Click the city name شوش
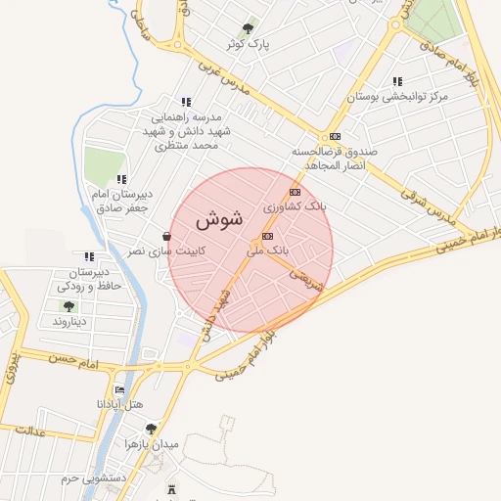tap(225, 219)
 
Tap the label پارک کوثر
tap(246, 45)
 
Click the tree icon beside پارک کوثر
tap(247, 29)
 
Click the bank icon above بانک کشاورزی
tap(295, 193)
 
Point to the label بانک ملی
tap(268, 251)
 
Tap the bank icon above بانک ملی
tap(267, 237)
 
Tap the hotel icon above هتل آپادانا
tap(120, 389)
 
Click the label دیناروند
tap(68, 321)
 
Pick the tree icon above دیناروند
tap(68, 306)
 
